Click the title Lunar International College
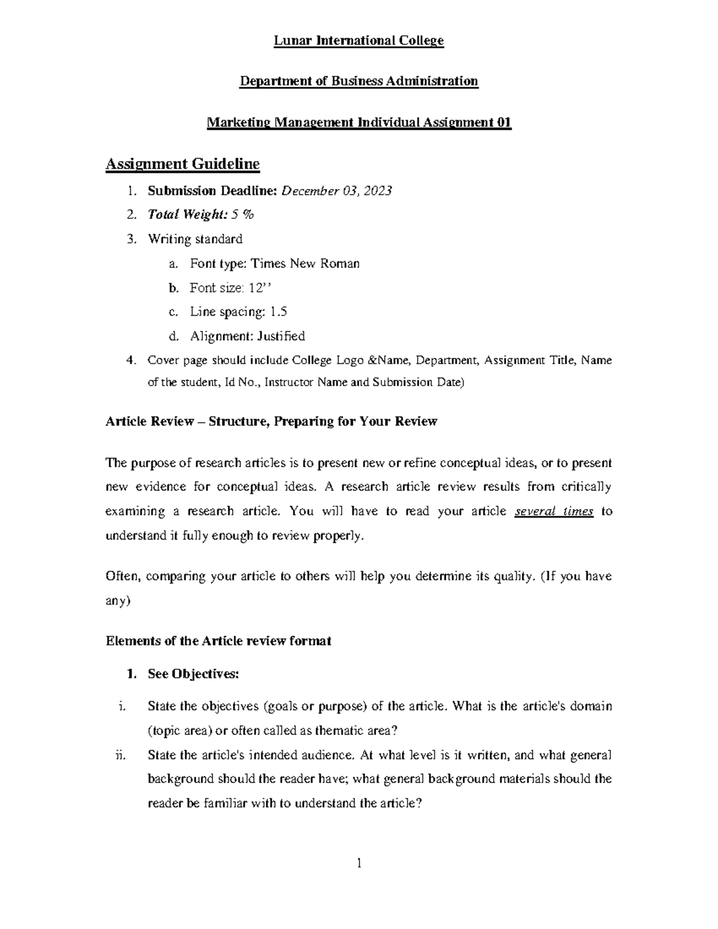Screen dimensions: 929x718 [x=358, y=41]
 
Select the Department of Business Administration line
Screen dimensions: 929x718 [x=358, y=81]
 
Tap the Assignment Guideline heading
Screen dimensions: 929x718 [x=182, y=163]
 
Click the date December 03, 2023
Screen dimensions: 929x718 [x=337, y=191]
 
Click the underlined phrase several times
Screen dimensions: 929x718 [x=554, y=511]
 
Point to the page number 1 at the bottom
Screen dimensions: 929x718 [x=359, y=863]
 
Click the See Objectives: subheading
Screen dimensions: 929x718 [x=193, y=674]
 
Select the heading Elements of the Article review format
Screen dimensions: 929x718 [x=218, y=641]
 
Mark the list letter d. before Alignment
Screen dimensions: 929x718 [x=174, y=336]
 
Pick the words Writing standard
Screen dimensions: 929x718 [x=195, y=239]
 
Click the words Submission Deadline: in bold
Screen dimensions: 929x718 [x=212, y=191]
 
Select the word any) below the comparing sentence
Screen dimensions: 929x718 [x=118, y=601]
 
